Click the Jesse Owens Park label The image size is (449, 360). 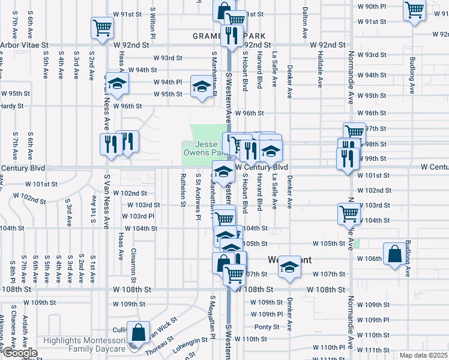(x=202, y=148)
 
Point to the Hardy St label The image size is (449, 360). (x=11, y=106)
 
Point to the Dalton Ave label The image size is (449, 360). (x=305, y=20)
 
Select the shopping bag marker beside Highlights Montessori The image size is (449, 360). (x=139, y=333)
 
